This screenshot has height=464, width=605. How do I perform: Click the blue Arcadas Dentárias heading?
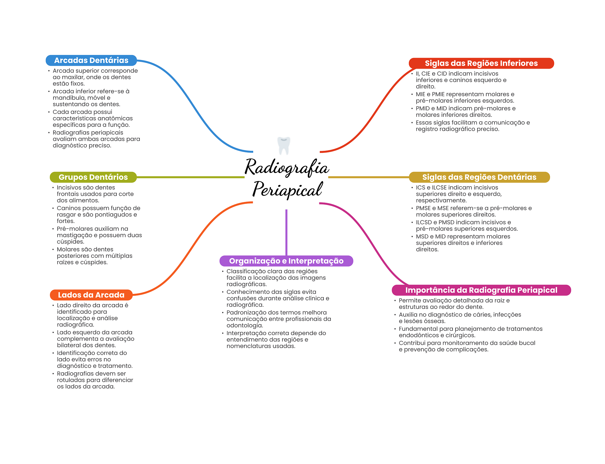tap(91, 60)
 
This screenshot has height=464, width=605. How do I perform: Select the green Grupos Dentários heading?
tap(93, 177)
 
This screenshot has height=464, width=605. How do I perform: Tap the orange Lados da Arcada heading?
tap(91, 295)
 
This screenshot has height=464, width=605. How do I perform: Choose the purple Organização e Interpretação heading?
tap(286, 261)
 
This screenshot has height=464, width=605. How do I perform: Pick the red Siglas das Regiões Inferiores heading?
tap(481, 63)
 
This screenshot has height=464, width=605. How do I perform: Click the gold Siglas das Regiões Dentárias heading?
tap(479, 177)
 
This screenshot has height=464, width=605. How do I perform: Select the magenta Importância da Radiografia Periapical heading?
tap(481, 290)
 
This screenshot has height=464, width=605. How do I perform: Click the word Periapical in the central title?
tap(287, 190)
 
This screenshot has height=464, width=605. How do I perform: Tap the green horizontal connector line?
tap(191, 177)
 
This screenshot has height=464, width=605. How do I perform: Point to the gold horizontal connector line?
tap(368, 177)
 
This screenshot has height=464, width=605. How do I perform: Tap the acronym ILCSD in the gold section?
tap(424, 222)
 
